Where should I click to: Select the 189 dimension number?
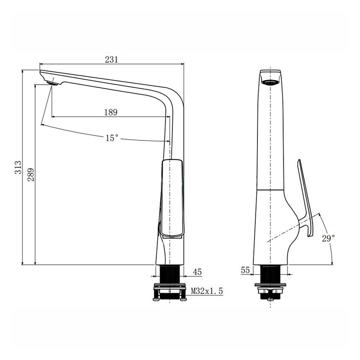pos(111,112)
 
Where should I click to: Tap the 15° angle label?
pos(112,138)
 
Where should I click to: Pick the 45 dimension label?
pos(198,271)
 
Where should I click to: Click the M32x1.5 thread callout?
pos(207,291)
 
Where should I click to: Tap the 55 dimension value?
pos(245,269)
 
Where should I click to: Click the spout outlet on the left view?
pos(53,83)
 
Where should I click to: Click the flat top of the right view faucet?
pos(270,70)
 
